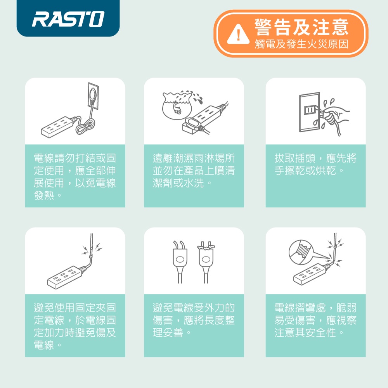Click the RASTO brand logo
pos(68,19)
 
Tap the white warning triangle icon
pos(238,35)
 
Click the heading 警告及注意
pos(301,27)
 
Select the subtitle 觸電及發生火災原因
pos(301,44)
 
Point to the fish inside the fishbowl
pos(177,108)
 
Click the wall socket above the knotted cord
pos(93,96)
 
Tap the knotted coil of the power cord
pos(85,125)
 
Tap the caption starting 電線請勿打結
pos(75,177)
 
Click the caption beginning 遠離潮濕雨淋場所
pos(194,170)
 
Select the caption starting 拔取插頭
pos(315,164)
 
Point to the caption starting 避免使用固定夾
pos(75,326)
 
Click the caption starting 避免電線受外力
pos(194,320)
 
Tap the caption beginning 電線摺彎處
pos(315,320)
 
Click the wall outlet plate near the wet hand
pos(309,112)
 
